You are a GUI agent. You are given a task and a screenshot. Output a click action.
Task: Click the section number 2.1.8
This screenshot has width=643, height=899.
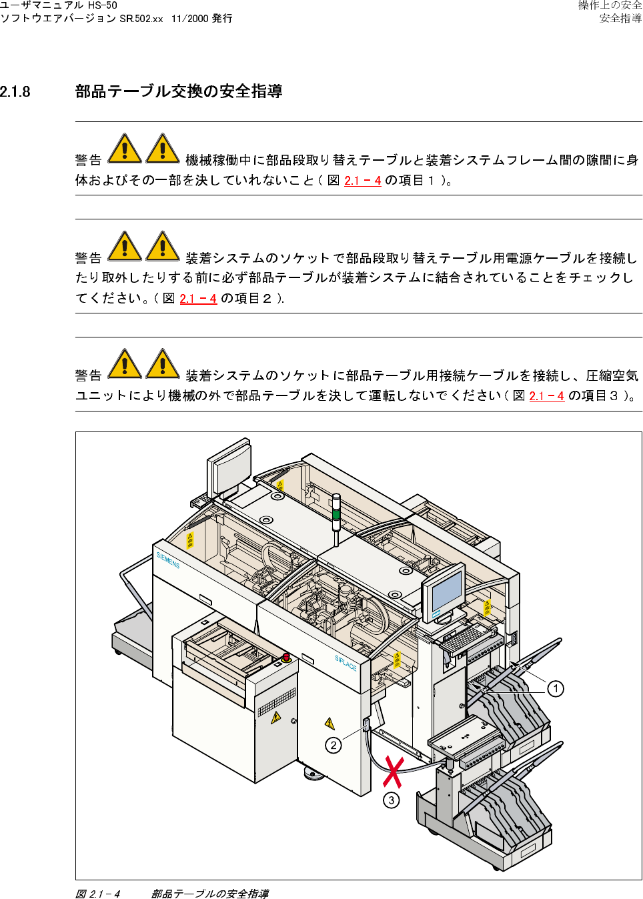pyautogui.click(x=15, y=92)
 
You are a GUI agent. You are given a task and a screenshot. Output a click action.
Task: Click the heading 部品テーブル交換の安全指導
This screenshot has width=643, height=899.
pyautogui.click(x=179, y=91)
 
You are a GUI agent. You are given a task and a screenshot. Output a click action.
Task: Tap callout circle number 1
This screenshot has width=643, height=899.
pyautogui.click(x=556, y=688)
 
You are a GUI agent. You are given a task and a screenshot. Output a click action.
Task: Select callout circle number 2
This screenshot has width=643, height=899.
pyautogui.click(x=334, y=745)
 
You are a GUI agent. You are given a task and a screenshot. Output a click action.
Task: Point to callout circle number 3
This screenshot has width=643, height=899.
pyautogui.click(x=392, y=800)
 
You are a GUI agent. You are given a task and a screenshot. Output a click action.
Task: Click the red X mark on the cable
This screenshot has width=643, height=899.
pyautogui.click(x=394, y=772)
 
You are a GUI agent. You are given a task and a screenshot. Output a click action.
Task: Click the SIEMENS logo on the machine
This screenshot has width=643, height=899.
pyautogui.click(x=168, y=560)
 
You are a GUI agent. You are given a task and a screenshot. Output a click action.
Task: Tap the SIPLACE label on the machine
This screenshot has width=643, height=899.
pyautogui.click(x=346, y=662)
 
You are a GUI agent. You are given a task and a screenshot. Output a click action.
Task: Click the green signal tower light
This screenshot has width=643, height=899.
pyautogui.click(x=336, y=514)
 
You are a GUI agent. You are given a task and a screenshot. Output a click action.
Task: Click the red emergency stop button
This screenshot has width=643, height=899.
pyautogui.click(x=286, y=658)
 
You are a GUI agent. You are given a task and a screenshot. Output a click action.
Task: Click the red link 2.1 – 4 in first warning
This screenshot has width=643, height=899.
pyautogui.click(x=363, y=181)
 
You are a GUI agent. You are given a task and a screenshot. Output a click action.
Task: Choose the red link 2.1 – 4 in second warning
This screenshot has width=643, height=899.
pyautogui.click(x=198, y=299)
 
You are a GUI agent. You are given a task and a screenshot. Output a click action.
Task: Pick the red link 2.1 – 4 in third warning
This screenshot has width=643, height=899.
pyautogui.click(x=546, y=396)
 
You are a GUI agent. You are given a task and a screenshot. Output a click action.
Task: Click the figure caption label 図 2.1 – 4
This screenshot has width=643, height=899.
pyautogui.click(x=98, y=894)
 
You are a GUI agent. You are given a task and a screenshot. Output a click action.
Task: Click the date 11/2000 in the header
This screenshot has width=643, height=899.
pyautogui.click(x=189, y=19)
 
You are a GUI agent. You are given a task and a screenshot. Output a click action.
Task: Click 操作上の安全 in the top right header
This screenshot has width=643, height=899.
pyautogui.click(x=610, y=5)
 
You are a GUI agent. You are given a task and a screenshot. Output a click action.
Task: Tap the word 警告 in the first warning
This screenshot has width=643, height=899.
pyautogui.click(x=88, y=160)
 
